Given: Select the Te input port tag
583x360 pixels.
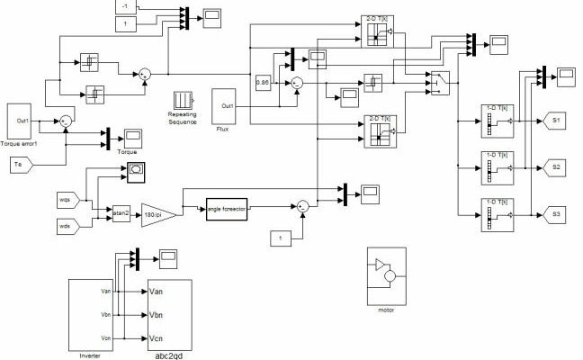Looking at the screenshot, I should (x=22, y=164).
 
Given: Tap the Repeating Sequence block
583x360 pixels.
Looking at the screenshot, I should (x=183, y=100).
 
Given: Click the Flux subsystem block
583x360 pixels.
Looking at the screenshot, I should (x=224, y=106).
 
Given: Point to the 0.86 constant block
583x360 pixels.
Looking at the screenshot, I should (x=263, y=82).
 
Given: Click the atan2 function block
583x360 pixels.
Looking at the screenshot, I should (x=121, y=213).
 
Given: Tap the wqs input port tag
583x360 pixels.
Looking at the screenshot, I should (x=67, y=199).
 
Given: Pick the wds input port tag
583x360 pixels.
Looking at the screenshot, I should (x=67, y=227).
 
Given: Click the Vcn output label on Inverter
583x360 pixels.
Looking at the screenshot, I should (x=104, y=338).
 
